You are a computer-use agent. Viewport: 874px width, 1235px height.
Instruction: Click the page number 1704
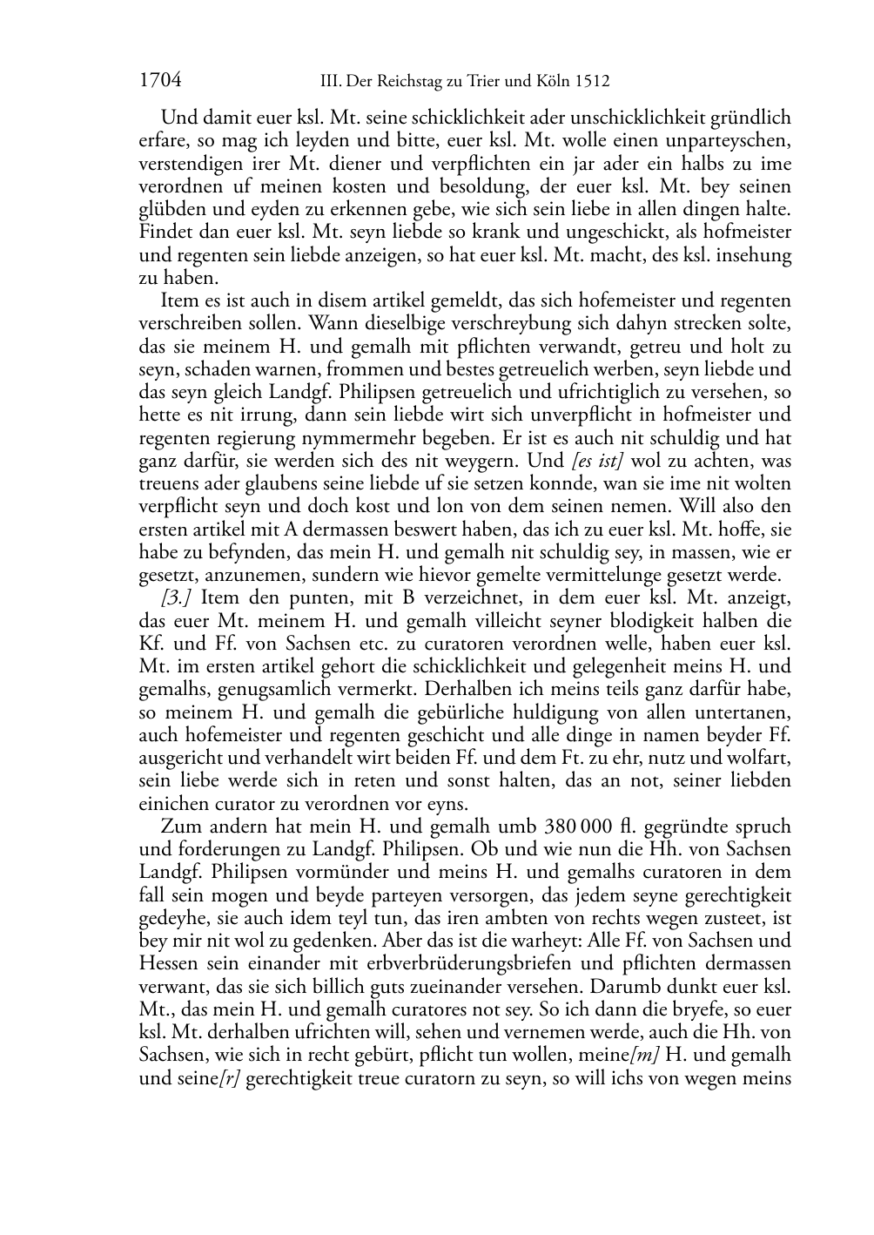coord(160,81)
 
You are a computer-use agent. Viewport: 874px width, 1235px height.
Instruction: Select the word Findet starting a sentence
coord(164,233)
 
